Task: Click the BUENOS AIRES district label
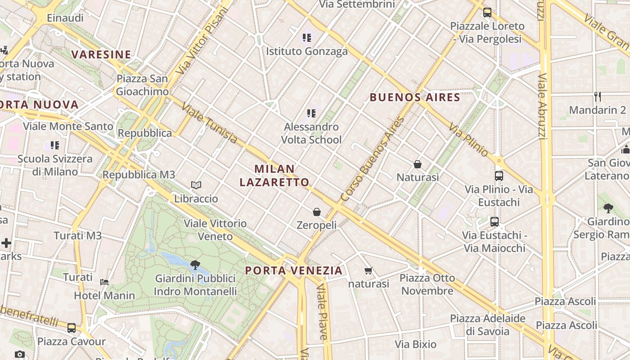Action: [415, 97]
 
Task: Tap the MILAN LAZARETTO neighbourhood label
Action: [274, 175]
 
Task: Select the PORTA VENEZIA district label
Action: [294, 270]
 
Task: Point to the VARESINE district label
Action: [101, 55]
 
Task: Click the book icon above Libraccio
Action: [196, 185]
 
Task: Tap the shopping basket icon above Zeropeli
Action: [317, 211]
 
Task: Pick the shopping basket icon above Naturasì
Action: [418, 164]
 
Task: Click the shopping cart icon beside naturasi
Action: [369, 270]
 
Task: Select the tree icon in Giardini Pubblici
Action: [195, 265]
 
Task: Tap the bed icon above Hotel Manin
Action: [104, 282]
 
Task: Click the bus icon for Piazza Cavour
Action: [72, 328]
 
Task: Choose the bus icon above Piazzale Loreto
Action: [487, 13]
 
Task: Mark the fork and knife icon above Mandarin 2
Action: [598, 96]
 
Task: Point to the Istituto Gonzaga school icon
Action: [307, 38]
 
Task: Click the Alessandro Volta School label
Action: [311, 133]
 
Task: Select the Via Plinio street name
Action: [468, 139]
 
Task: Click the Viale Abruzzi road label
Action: [542, 106]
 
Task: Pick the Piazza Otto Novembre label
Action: [427, 284]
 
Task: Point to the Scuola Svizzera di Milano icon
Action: [55, 145]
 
